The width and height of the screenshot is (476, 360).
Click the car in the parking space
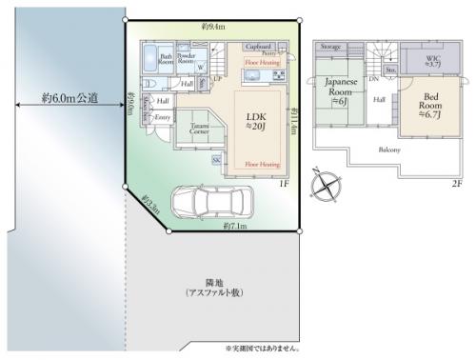pos(201,201)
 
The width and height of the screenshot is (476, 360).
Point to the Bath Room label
pos(166,59)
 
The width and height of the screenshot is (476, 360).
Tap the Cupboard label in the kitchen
pos(259,46)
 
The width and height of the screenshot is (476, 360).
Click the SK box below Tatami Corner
pos(217,160)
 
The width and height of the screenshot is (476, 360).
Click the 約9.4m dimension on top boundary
pos(212,27)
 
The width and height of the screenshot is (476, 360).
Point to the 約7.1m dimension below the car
pos(235,227)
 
